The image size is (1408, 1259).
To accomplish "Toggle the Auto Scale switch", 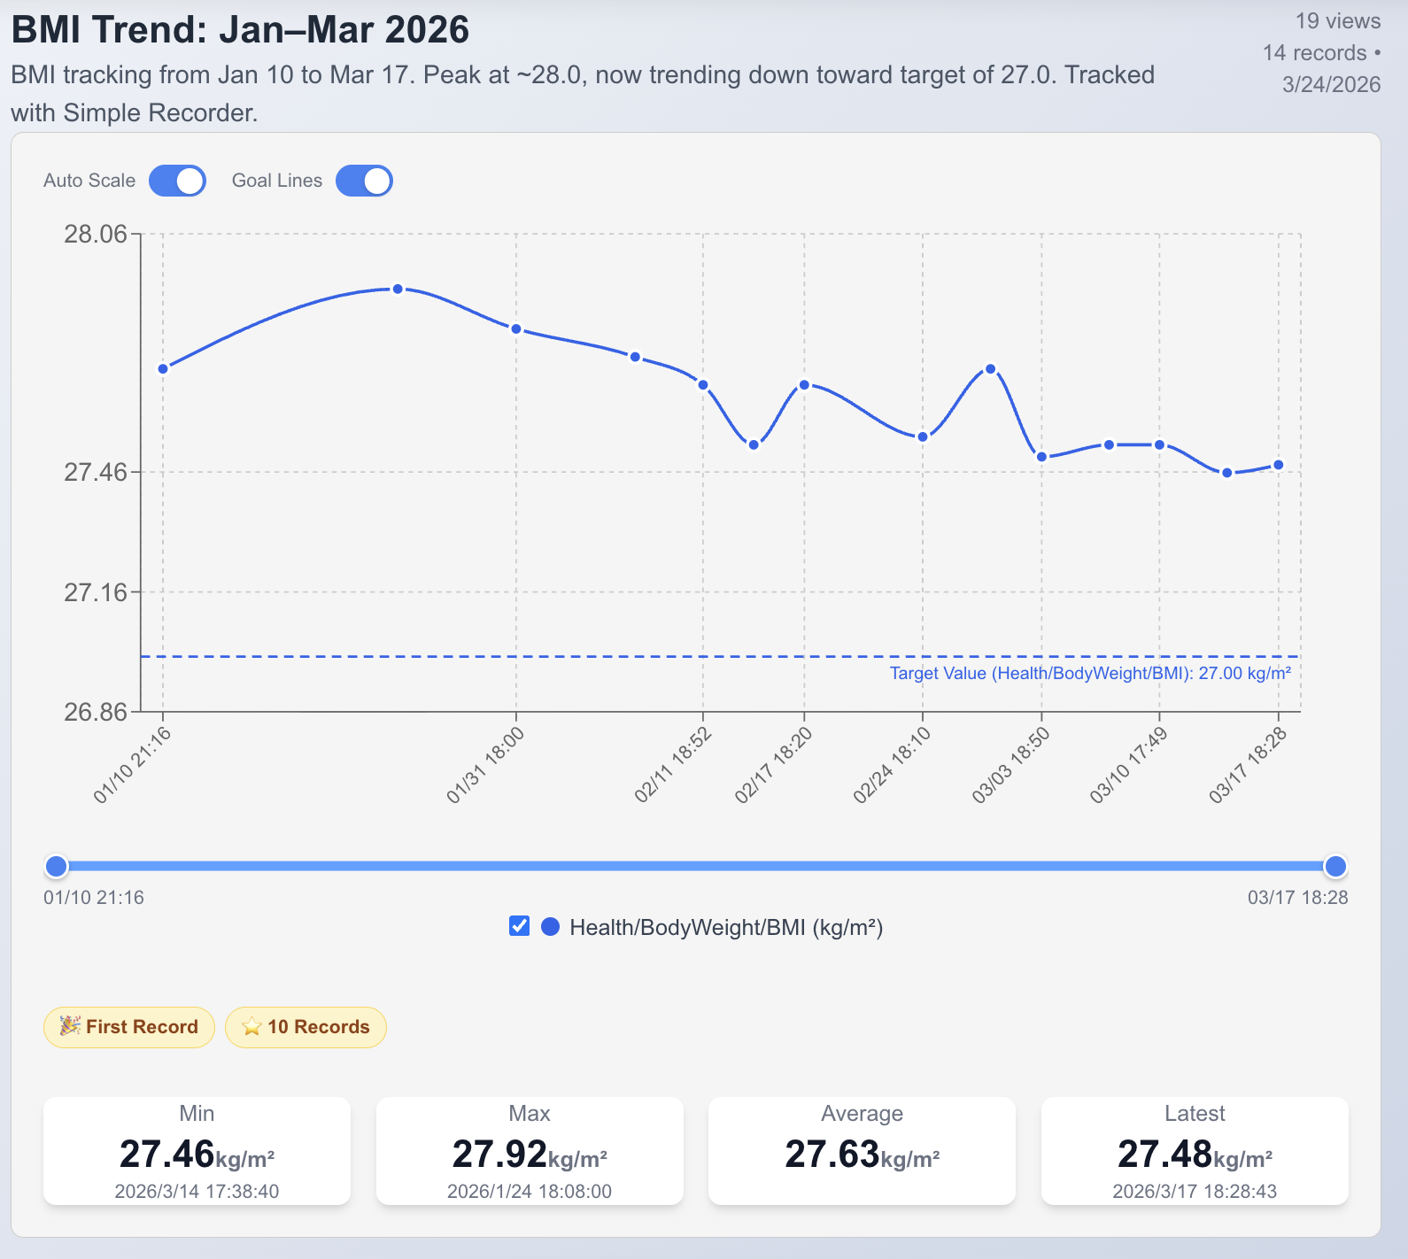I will [x=177, y=181].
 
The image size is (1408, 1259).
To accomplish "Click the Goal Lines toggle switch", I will [x=364, y=181].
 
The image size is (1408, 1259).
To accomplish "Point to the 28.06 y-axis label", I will [x=96, y=234].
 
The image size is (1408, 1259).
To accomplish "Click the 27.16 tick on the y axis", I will [x=96, y=592].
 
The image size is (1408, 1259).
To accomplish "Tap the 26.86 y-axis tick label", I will [x=96, y=712].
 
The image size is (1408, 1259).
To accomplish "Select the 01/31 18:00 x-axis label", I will [x=485, y=765].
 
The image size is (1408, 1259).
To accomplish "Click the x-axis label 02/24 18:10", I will [x=892, y=765].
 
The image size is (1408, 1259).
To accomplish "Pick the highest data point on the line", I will [x=398, y=289].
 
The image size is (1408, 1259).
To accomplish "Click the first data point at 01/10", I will [x=163, y=369].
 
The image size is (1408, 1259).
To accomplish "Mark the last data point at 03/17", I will [x=1279, y=465].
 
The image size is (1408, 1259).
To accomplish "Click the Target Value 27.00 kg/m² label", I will [x=1090, y=674].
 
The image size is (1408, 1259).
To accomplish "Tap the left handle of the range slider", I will [x=56, y=866].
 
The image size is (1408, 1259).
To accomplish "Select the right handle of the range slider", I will [x=1335, y=866].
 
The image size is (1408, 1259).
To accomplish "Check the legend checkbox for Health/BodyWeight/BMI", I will [x=520, y=926].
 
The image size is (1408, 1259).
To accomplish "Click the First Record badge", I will [x=129, y=1027].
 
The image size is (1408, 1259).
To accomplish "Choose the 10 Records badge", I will [x=306, y=1027].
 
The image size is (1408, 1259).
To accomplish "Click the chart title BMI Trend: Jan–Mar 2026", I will [x=240, y=30].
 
